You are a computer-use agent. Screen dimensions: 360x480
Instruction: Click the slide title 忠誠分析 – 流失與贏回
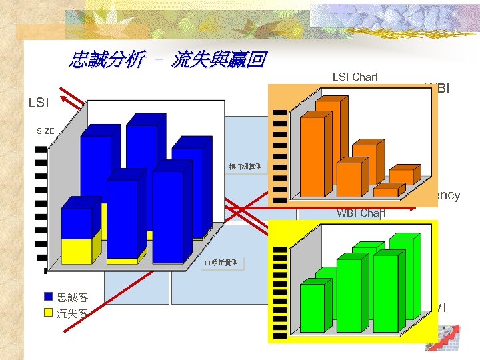coord(167,61)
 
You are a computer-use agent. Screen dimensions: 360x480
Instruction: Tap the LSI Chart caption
coord(355,77)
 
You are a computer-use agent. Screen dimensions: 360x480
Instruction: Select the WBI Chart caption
coord(361,213)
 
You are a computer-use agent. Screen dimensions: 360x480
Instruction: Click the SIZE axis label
coord(45,131)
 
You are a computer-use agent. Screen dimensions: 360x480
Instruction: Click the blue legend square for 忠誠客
coord(48,297)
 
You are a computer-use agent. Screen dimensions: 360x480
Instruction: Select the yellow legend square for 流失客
coord(48,312)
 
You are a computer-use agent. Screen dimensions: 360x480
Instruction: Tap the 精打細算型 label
coord(245,166)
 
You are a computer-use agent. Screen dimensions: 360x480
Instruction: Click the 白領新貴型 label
coord(221,263)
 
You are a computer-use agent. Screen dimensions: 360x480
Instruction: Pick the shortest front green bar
coord(312,307)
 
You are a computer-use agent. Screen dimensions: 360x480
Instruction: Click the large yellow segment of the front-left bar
coord(76,251)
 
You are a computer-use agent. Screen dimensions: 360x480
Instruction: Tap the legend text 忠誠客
coord(72,297)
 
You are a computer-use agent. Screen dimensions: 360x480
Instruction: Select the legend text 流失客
coord(72,313)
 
